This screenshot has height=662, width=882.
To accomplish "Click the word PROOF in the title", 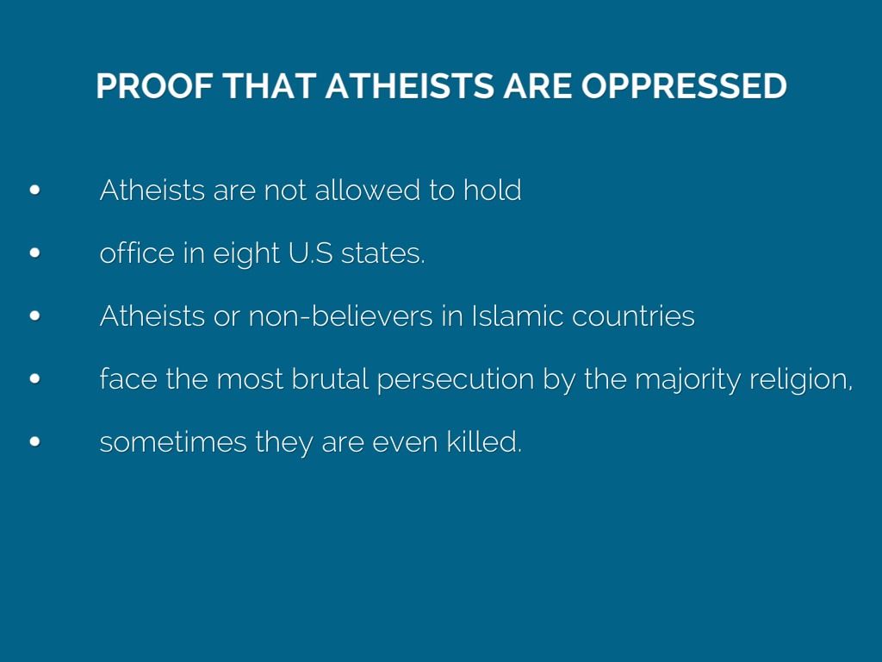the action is (154, 86).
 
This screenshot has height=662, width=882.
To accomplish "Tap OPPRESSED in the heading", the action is (684, 86).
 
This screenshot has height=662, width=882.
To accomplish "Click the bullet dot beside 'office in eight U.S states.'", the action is (34, 253).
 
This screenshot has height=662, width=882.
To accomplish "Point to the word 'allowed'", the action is (367, 190).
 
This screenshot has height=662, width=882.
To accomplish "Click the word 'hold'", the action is (492, 190).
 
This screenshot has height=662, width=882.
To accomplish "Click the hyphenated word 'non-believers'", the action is (340, 315).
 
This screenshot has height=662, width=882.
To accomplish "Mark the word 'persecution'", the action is (455, 379).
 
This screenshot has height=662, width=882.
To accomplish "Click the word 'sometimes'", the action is (172, 442).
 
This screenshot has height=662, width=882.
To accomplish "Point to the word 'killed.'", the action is (484, 442).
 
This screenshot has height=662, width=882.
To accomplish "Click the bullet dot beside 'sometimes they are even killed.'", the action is (34, 442).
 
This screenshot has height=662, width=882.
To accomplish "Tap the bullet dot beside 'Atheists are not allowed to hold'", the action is (34, 190).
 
